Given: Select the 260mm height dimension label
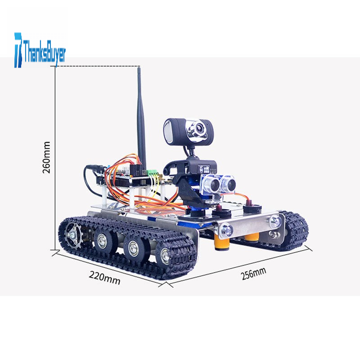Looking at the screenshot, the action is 46,157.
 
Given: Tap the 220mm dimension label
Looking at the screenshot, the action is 104,278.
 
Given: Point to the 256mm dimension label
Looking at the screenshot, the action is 254,274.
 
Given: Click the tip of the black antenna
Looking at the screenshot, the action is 139,68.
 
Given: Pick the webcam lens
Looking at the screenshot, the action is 199,127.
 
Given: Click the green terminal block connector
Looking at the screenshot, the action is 152,173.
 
